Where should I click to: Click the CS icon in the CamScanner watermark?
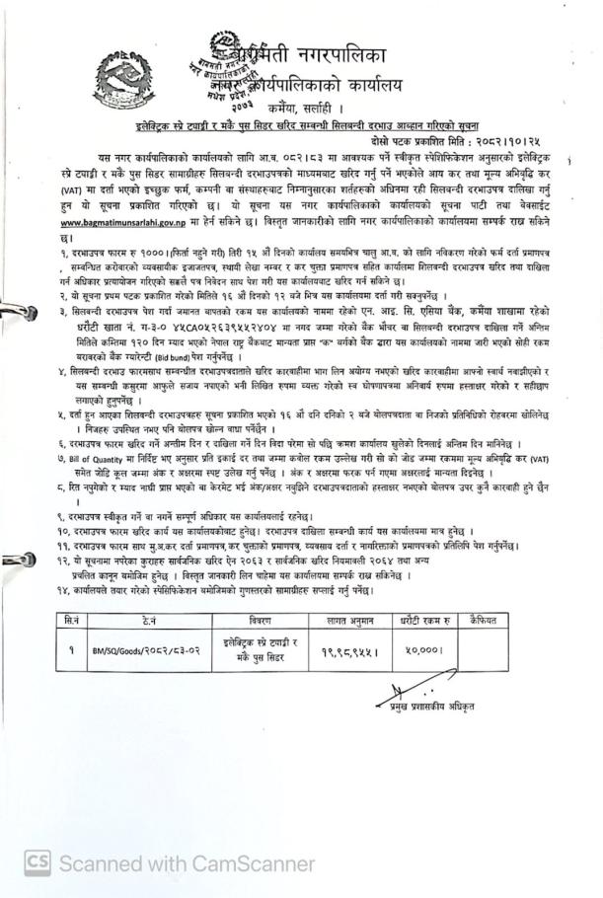[x=38, y=862]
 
